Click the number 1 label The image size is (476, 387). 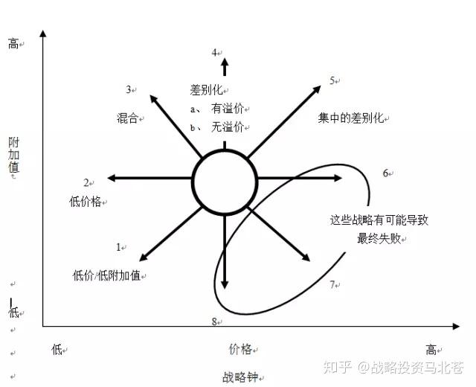click(118, 246)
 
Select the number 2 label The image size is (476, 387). click(86, 182)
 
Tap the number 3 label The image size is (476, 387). click(129, 90)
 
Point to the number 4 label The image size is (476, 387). click(213, 52)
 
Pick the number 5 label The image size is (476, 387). click(332, 80)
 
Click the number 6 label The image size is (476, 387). click(386, 173)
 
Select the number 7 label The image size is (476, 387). click(332, 284)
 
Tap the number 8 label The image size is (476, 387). click(214, 322)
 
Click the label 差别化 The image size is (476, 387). click(206, 90)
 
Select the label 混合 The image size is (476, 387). click(127, 118)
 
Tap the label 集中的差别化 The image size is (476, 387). click(350, 118)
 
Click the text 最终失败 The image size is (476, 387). click(378, 239)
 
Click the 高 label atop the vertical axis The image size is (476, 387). click(13, 44)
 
